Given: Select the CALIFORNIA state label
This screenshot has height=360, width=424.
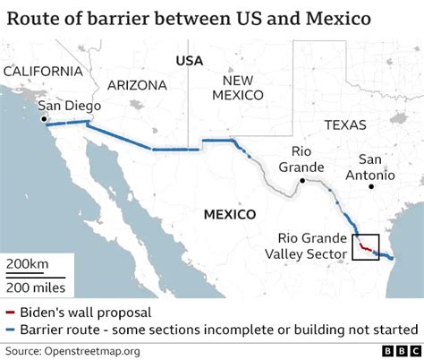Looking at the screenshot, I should coord(42,71).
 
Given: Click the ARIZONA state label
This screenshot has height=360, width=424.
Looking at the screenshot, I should coord(137,85).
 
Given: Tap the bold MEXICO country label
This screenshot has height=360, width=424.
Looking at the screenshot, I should coord(230,214).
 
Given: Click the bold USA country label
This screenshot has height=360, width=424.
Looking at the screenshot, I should coord(190,61).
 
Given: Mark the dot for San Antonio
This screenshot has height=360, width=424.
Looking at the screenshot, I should coord(369,187).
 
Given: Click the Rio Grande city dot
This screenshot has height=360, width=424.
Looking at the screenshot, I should coord(303,182).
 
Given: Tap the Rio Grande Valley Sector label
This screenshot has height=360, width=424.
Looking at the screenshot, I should coord(308,245).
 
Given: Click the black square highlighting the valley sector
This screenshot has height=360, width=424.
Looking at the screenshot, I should coord(366,245).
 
